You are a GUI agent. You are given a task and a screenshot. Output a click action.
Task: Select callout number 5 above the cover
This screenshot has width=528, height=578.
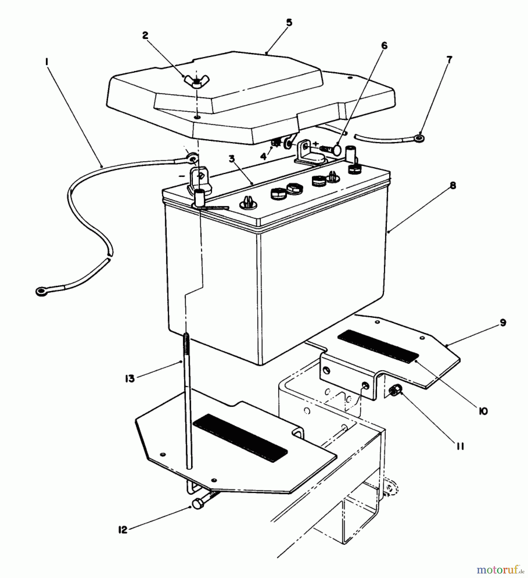[x=289, y=23]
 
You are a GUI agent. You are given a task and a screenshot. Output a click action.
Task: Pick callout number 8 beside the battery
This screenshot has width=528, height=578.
[x=453, y=186]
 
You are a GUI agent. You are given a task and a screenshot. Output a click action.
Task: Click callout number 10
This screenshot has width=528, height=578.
[x=483, y=411]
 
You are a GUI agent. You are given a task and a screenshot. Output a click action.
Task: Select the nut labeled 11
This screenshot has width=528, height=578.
[x=395, y=391]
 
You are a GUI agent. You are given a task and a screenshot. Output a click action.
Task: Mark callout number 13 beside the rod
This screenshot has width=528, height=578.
[x=130, y=379]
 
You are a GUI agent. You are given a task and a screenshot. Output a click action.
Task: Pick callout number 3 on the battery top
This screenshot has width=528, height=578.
[x=232, y=159]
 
